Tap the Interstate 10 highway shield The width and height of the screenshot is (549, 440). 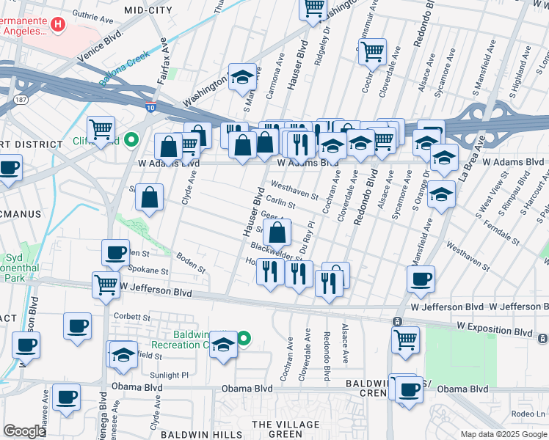coord(150,108)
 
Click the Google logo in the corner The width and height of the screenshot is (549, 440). coord(24,431)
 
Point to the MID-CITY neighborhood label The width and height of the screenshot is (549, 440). coord(148,10)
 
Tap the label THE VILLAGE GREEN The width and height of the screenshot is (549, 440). coord(286,430)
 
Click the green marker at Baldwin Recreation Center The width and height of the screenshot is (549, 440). coord(244,338)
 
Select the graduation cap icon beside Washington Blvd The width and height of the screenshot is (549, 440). coord(241,76)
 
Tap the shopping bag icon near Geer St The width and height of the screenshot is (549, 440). coord(277,233)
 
